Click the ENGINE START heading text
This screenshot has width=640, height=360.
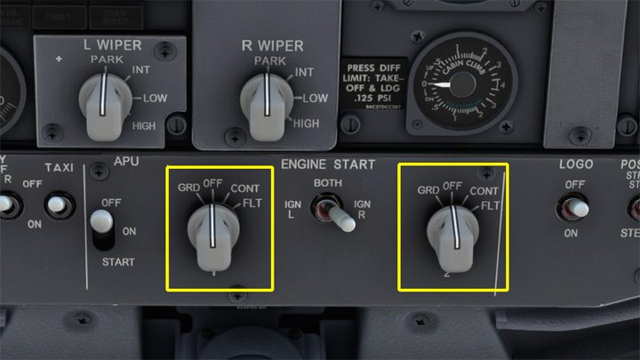(328, 165)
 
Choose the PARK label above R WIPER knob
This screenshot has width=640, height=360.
(269, 61)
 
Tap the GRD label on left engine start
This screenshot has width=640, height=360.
(188, 188)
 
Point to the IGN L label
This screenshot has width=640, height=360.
(294, 209)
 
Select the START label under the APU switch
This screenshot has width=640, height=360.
(118, 262)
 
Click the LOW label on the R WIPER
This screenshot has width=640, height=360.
(316, 98)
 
